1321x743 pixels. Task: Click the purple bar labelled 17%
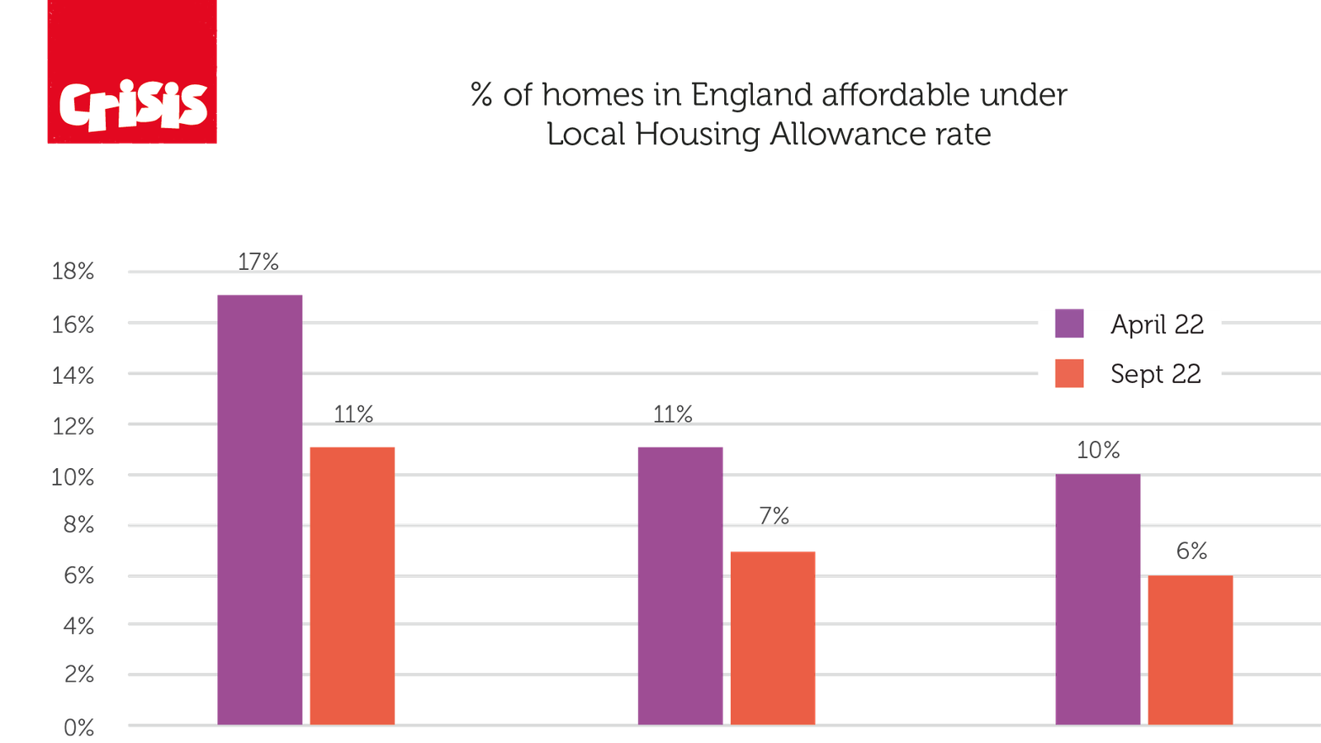tap(260, 508)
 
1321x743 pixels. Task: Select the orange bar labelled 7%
tap(773, 636)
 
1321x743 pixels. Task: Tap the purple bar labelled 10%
tap(1098, 599)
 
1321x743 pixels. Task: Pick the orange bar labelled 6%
tap(1191, 650)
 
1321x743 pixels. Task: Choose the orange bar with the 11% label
tap(353, 584)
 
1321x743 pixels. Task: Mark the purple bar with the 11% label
tap(680, 584)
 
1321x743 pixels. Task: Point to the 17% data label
tap(258, 262)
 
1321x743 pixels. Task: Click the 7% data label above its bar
tap(774, 515)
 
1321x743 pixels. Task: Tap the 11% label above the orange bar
tap(353, 413)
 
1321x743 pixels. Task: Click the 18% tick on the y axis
tap(73, 271)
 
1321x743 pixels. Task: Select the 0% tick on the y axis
tap(78, 727)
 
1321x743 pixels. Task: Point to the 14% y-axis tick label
tap(73, 376)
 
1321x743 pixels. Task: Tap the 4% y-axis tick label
tap(78, 626)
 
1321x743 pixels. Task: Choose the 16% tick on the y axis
tap(73, 324)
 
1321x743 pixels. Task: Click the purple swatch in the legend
tap(1069, 324)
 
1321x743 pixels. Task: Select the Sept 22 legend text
tap(1155, 374)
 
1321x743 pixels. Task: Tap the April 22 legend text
tap(1157, 324)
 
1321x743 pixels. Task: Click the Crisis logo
tap(132, 73)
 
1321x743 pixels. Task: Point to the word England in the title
tap(749, 95)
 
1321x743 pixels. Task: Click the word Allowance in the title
tap(847, 134)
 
